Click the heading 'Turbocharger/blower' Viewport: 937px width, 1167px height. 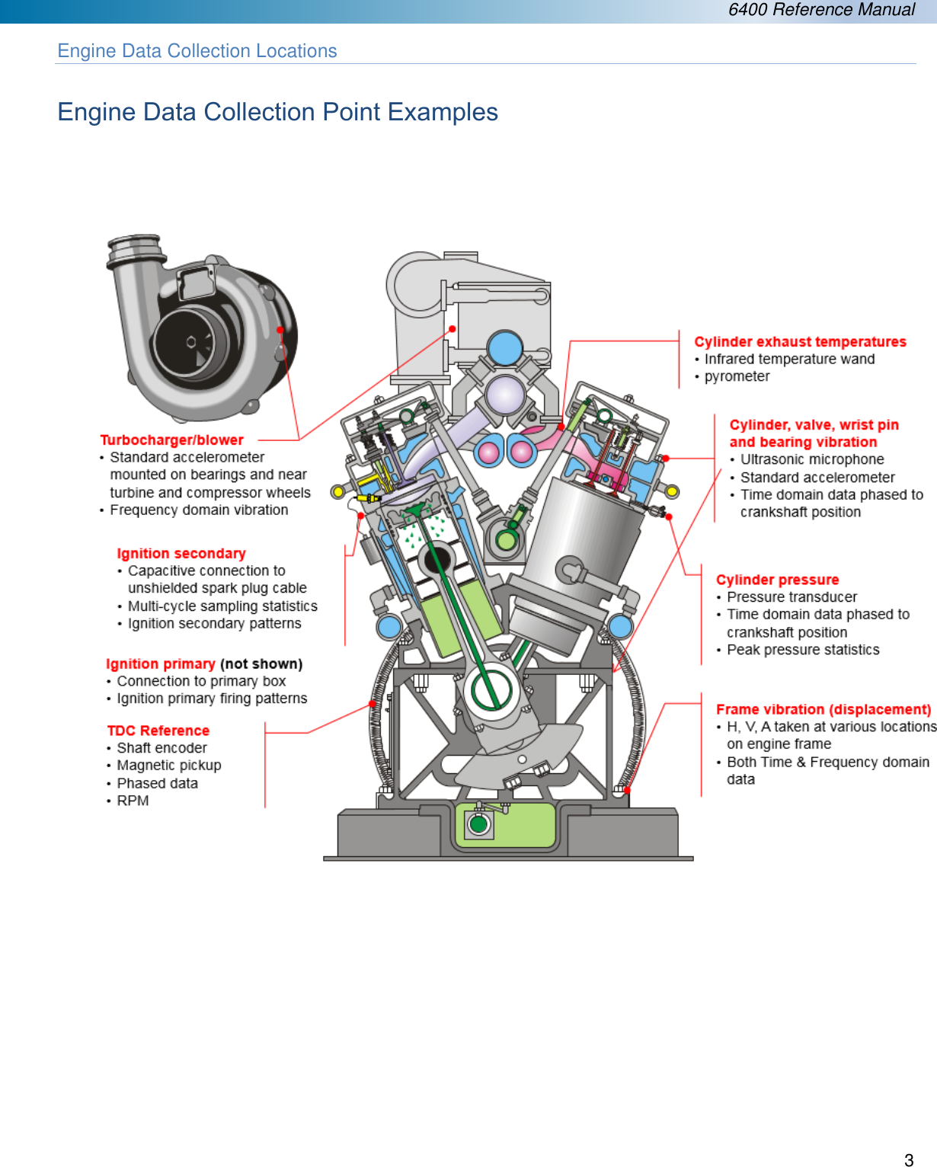[x=171, y=440]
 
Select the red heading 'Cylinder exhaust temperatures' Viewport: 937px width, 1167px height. [x=800, y=342]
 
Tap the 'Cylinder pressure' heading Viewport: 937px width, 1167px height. [x=777, y=580]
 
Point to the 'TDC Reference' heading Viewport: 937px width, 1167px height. [x=158, y=731]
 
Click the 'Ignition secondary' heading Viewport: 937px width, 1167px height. [x=181, y=554]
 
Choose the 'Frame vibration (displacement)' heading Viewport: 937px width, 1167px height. [x=823, y=709]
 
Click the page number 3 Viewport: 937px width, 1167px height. [x=908, y=1160]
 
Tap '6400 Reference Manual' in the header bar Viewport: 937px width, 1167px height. [x=821, y=10]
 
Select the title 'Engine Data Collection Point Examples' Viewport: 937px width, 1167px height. [x=277, y=112]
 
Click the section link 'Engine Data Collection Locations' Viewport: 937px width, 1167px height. [x=197, y=51]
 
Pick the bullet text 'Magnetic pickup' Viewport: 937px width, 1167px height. [x=168, y=766]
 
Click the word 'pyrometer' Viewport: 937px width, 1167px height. [x=737, y=376]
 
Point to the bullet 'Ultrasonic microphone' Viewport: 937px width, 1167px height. [x=812, y=459]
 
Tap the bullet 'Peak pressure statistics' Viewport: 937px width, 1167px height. [x=803, y=650]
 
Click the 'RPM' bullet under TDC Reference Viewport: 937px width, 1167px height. [x=133, y=801]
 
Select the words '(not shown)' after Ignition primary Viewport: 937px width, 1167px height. [x=261, y=664]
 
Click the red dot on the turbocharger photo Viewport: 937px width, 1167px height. [x=280, y=330]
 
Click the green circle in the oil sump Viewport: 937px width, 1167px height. [x=478, y=823]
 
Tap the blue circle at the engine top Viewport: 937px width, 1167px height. [x=505, y=349]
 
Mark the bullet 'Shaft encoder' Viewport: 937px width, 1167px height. [x=161, y=748]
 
